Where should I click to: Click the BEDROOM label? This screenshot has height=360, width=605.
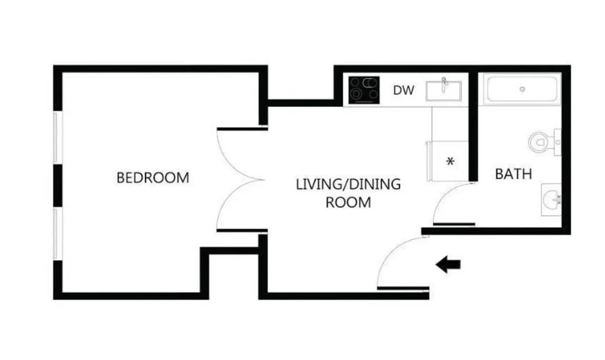click(152, 177)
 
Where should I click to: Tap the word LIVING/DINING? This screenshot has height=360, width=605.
click(348, 184)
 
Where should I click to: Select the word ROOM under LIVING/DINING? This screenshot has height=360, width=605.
click(348, 202)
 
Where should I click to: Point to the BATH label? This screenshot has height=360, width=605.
click(513, 174)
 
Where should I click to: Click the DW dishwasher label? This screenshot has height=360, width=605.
click(403, 90)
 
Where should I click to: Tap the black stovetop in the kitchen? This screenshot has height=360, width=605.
click(364, 90)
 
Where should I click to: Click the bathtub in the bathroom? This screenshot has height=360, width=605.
click(522, 89)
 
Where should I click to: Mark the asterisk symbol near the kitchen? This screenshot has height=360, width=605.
click(450, 162)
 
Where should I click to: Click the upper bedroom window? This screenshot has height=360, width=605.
click(57, 138)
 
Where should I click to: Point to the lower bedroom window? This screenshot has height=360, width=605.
click(57, 233)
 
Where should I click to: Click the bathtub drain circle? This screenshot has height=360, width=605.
click(522, 89)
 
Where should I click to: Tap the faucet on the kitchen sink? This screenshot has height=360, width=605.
click(444, 81)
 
